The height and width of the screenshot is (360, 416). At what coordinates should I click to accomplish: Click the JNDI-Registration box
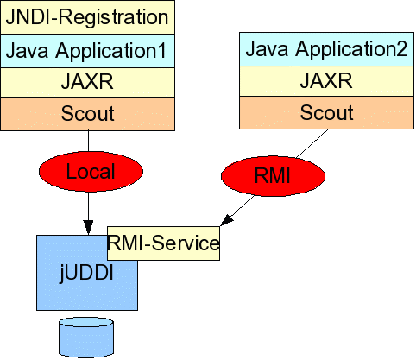(87, 17)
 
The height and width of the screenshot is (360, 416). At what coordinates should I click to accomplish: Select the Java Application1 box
(87, 51)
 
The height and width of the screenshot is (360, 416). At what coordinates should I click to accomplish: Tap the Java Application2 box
(326, 49)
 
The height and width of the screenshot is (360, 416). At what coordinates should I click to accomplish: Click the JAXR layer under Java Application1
(87, 82)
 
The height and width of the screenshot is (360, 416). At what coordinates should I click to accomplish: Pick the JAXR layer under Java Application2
(326, 81)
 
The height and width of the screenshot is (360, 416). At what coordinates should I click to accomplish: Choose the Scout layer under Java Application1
(87, 114)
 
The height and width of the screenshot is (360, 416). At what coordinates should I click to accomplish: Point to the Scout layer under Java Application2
(326, 112)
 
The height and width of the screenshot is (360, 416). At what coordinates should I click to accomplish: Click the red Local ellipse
(91, 172)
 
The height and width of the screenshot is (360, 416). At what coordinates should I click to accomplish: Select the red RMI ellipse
(273, 176)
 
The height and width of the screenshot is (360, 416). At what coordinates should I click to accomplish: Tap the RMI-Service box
(163, 243)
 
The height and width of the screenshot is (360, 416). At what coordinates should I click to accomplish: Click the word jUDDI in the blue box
(86, 273)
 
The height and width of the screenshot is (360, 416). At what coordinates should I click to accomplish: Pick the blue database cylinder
(86, 337)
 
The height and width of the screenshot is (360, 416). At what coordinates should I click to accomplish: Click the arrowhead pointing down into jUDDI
(88, 227)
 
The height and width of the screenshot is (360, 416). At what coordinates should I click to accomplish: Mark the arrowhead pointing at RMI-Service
(227, 220)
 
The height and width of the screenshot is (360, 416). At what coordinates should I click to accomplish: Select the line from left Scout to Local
(88, 141)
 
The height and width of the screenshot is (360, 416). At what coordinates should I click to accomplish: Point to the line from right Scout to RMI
(312, 143)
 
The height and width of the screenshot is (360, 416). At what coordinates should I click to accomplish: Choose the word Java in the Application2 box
(267, 48)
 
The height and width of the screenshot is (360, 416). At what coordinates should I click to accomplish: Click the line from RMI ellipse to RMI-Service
(241, 208)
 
